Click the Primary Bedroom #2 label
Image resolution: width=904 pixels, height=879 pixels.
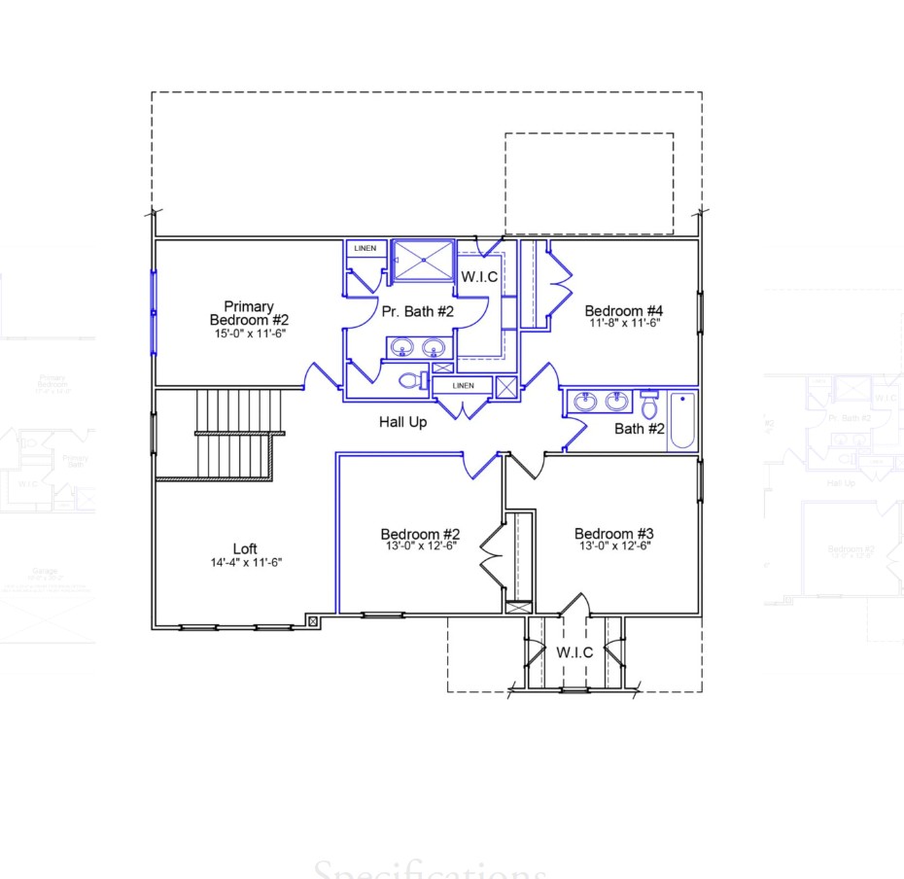coord(249,312)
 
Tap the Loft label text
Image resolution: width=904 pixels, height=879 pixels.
coord(244,549)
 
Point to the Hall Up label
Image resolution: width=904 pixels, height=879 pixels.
coord(402,422)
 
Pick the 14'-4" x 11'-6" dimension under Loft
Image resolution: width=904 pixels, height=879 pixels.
coord(244,562)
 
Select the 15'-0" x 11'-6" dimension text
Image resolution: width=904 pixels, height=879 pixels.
coord(249,333)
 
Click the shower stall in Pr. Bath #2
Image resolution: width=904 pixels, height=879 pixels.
coord(422,260)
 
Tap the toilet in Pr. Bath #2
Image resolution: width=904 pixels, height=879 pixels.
coord(413,380)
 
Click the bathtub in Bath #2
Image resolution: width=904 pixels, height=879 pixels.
coord(682,419)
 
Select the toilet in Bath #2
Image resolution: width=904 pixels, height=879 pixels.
coord(649,405)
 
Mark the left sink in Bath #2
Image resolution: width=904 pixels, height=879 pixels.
coord(585,401)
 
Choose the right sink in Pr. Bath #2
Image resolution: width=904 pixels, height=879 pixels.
coord(434,346)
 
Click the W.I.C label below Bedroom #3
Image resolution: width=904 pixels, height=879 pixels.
coord(574,652)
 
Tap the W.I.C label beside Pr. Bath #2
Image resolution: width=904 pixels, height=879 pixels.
coord(479,277)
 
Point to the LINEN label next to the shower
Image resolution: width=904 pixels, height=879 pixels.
coord(365,249)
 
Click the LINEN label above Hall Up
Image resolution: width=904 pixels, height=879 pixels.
coord(463,386)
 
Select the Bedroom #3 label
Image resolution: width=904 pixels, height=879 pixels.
coord(613,534)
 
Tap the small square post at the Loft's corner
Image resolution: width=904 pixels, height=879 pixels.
coord(312,619)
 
